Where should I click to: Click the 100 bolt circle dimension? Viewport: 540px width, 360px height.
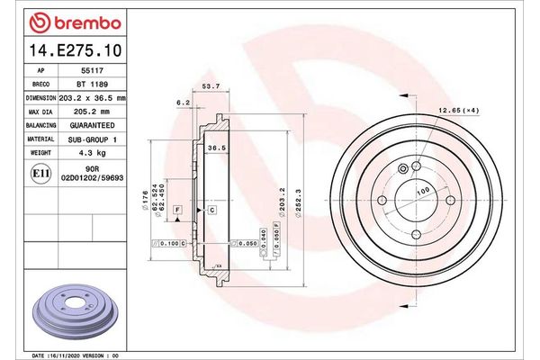[x=421, y=192]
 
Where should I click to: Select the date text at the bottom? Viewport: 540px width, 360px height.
[x=76, y=355]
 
